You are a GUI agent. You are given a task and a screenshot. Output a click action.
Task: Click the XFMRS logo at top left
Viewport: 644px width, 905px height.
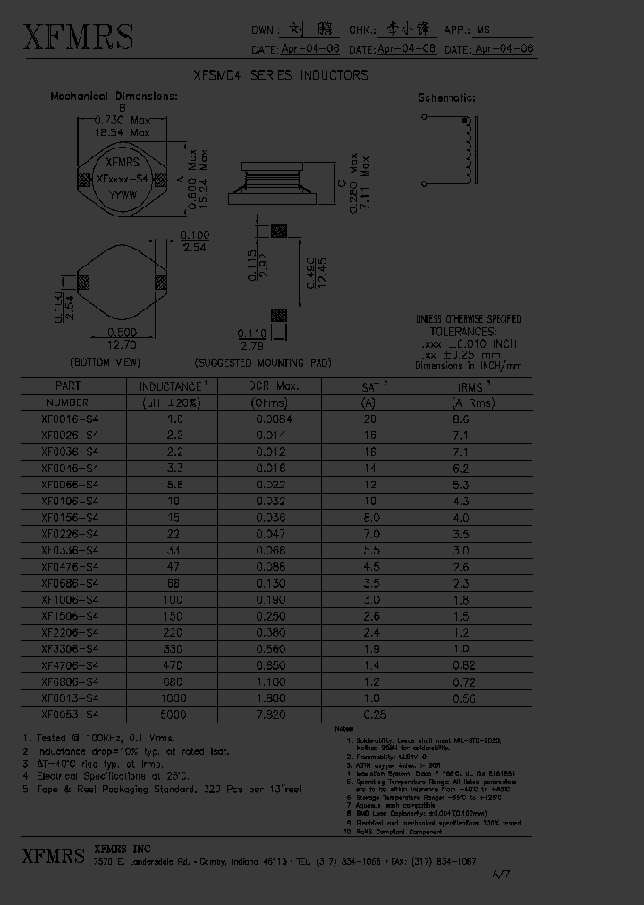pyautogui.click(x=78, y=38)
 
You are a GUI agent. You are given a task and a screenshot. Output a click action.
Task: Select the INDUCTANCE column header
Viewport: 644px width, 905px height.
pyautogui.click(x=171, y=386)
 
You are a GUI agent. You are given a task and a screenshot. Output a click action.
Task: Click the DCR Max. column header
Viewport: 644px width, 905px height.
pyautogui.click(x=273, y=386)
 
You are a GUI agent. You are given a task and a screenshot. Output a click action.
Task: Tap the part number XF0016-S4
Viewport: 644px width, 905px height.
pyautogui.click(x=70, y=419)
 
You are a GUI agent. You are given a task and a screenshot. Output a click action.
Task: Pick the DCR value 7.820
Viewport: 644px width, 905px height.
pyautogui.click(x=273, y=715)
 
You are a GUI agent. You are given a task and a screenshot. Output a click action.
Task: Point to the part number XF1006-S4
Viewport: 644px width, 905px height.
pyautogui.click(x=70, y=600)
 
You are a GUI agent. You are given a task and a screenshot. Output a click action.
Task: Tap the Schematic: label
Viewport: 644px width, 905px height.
pyautogui.click(x=446, y=98)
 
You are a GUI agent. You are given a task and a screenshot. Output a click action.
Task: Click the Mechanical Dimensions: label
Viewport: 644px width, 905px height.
pyautogui.click(x=114, y=96)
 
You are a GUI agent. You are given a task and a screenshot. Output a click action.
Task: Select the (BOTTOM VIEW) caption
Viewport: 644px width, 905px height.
pyautogui.click(x=105, y=363)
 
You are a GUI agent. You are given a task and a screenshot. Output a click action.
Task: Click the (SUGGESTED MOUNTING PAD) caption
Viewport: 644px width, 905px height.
pyautogui.click(x=263, y=363)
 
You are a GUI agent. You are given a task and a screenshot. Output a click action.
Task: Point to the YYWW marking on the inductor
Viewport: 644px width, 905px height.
pyautogui.click(x=123, y=194)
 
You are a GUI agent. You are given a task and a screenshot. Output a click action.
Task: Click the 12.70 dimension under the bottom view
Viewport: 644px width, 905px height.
pyautogui.click(x=123, y=343)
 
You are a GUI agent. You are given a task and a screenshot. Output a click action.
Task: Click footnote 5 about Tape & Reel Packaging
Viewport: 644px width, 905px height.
pyautogui.click(x=161, y=790)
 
